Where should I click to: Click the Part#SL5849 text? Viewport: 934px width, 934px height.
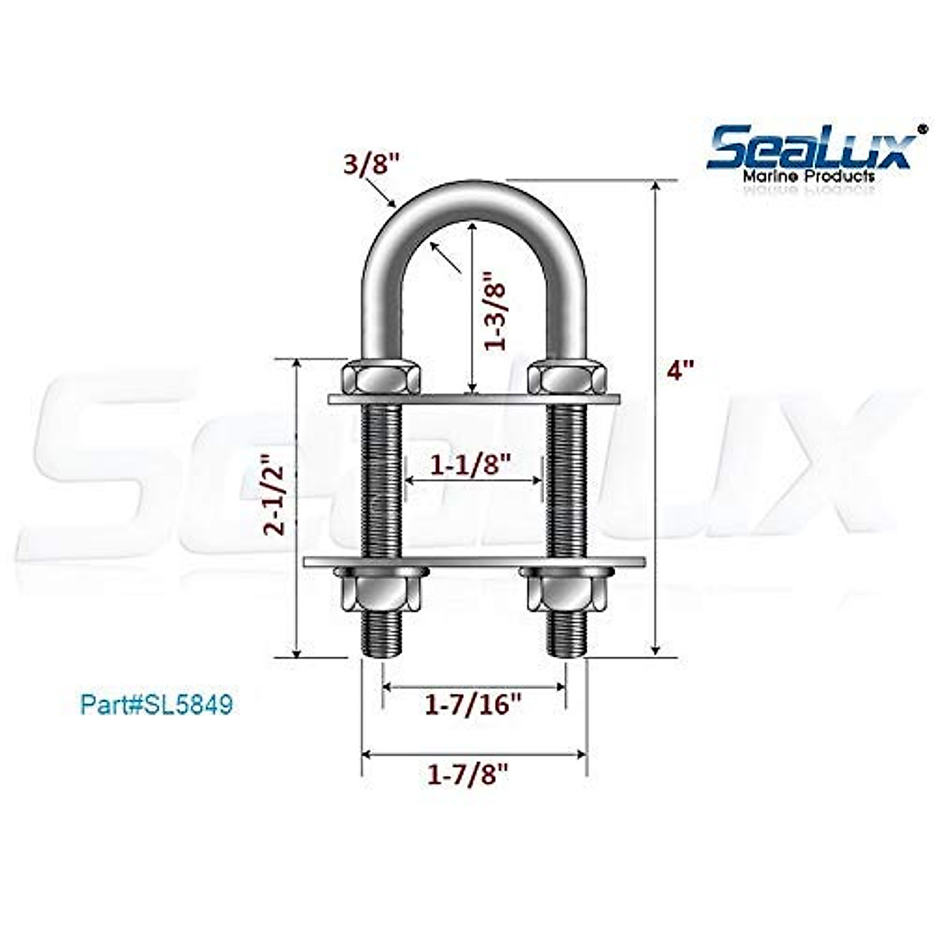coord(156,705)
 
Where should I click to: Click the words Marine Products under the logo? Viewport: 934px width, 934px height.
coord(809,177)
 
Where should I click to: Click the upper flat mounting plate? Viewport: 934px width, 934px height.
coord(474,400)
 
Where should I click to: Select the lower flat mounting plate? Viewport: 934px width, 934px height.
coord(474,561)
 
